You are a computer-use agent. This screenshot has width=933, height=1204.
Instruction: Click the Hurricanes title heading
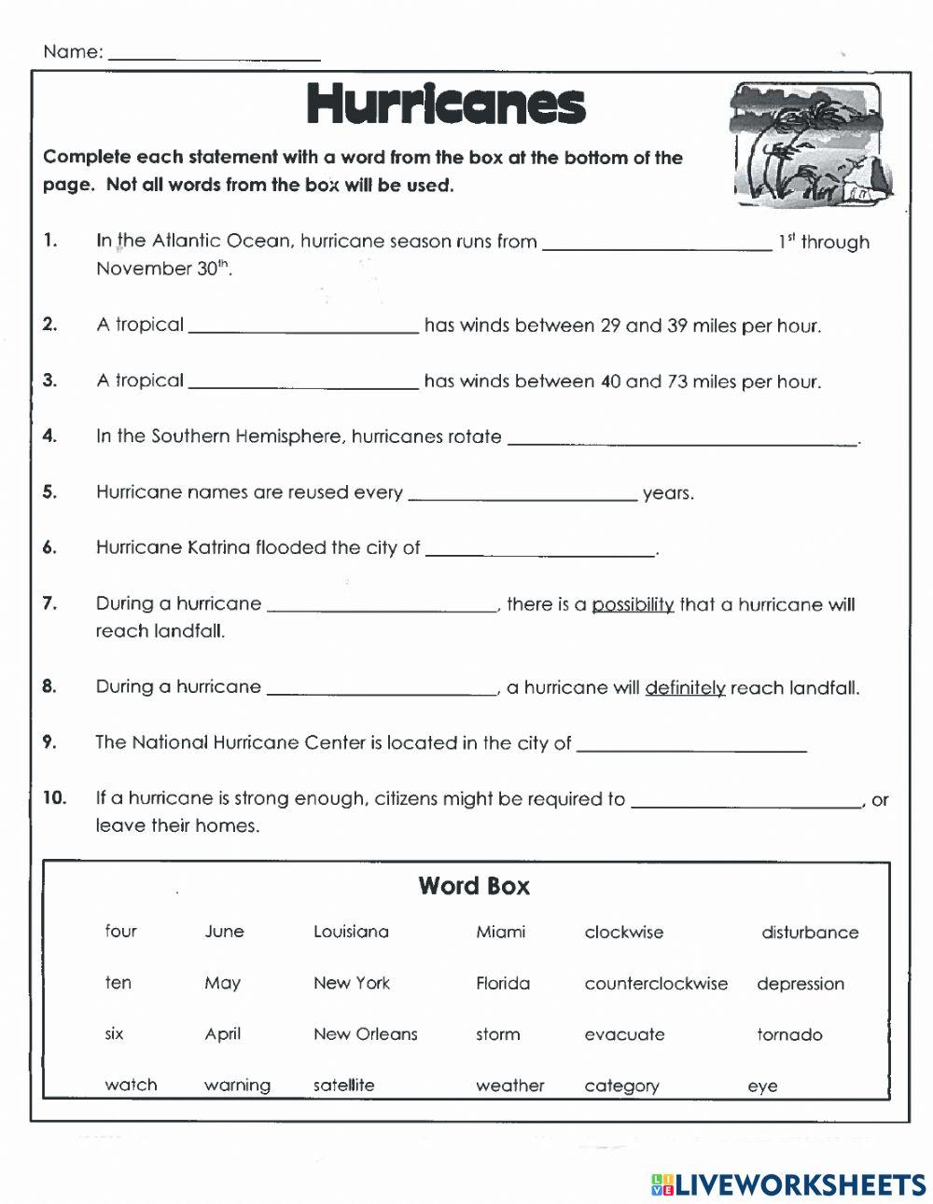coord(445,104)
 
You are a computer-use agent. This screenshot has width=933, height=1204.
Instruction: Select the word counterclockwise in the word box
coord(656,983)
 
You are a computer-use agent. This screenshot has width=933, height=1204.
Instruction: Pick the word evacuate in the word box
coord(624,1034)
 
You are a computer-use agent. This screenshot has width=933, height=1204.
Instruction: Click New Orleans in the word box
coord(365,1034)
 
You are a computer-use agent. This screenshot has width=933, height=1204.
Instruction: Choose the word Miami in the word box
coord(500,932)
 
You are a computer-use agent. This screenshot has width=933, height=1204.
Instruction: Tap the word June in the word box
coord(224,932)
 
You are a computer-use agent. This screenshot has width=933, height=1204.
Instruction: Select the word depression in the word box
coord(800,983)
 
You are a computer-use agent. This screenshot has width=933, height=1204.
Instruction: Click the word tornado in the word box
coord(789,1034)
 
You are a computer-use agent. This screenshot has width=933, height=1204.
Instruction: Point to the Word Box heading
coord(473,886)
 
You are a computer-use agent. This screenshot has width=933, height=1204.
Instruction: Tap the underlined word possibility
coord(633,604)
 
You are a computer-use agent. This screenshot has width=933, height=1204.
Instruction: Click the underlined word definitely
coord(685,688)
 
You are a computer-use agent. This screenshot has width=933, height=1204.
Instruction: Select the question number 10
coord(54,798)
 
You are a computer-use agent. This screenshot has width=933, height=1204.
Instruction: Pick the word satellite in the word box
coord(343,1086)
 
